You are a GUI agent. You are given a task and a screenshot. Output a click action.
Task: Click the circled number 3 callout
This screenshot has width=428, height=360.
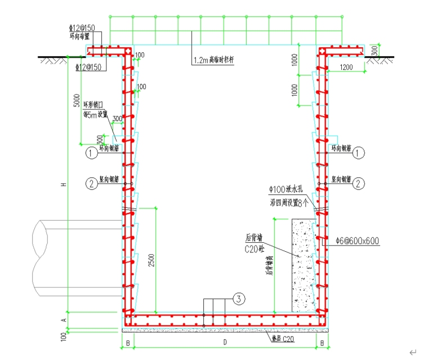tap(239, 299)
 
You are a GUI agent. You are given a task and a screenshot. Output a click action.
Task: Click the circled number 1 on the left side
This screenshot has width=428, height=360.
tap(90, 152)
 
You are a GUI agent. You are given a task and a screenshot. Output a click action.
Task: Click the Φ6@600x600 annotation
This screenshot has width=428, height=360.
tap(356, 241)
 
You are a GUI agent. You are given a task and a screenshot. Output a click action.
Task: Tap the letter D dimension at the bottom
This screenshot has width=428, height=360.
tap(224, 342)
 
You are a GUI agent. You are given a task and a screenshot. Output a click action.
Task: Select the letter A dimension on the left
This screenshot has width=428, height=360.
tap(64, 319)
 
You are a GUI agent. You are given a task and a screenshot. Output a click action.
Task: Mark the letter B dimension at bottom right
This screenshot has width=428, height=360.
tap(322, 342)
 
